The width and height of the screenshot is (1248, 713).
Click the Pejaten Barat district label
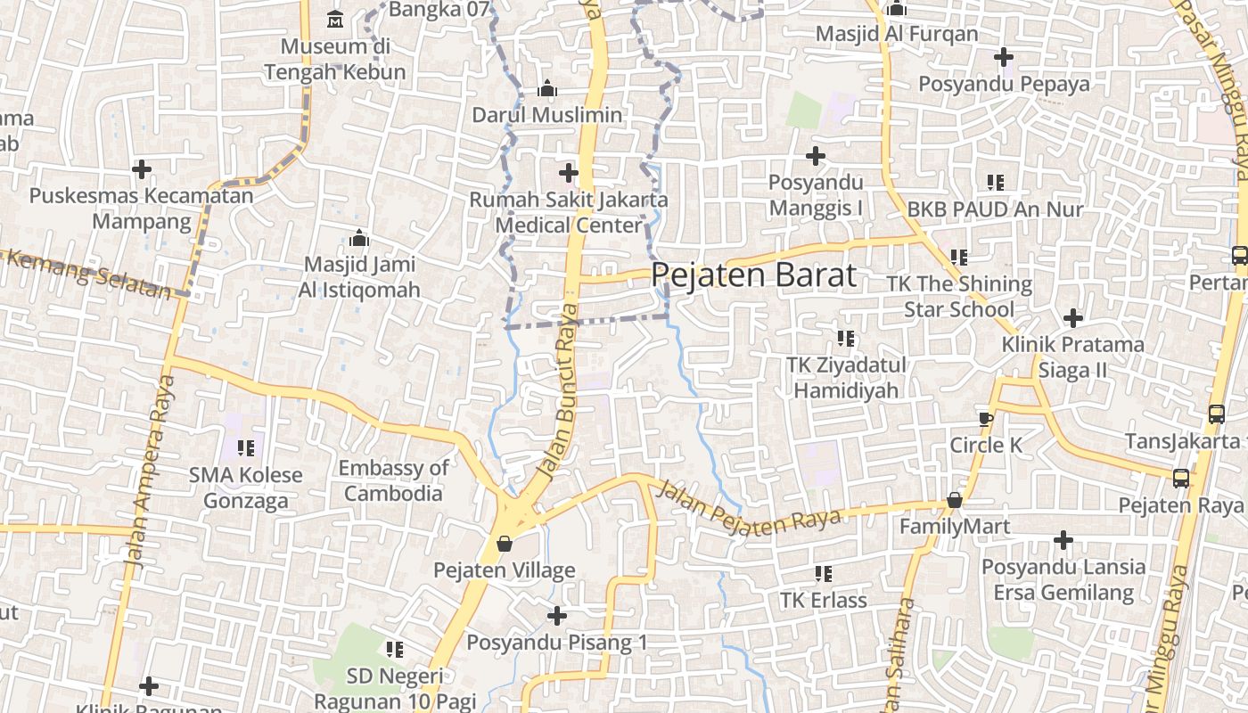coord(754,275)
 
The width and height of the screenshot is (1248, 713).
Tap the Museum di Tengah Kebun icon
coord(335,19)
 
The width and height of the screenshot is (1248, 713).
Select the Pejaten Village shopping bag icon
coord(505,544)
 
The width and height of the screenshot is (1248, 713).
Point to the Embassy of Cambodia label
coord(393,480)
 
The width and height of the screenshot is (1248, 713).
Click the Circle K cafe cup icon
coord(985,419)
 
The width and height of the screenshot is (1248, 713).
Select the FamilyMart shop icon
coord(955,501)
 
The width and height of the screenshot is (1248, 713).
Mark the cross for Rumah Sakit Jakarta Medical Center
coord(569,173)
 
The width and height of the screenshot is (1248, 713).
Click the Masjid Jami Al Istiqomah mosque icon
coord(359,238)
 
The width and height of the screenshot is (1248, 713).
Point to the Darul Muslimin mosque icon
coord(547,89)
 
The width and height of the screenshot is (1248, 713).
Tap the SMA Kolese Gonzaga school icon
coord(246,448)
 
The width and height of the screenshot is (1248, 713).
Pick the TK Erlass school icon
coord(823,574)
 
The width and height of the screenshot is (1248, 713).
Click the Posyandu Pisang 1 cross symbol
coord(557,616)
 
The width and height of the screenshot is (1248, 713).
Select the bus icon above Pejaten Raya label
coord(1181,479)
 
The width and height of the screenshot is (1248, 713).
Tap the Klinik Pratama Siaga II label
coord(1072,356)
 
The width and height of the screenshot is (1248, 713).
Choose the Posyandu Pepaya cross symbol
coord(1004,58)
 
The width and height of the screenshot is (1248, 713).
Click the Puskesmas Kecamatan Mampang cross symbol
coord(142,168)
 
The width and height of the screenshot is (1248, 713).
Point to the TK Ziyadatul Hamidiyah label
coord(846,377)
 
